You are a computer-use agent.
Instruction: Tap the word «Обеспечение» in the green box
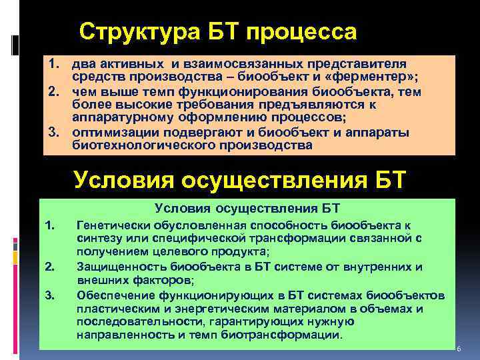point(114,295)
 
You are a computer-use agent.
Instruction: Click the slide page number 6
point(459,349)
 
